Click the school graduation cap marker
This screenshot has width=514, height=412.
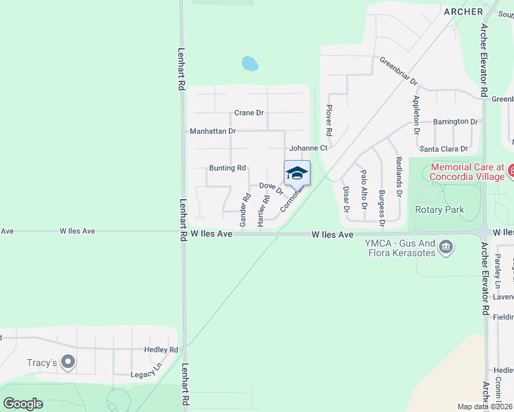[x=297, y=172]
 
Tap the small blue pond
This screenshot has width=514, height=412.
[x=249, y=65]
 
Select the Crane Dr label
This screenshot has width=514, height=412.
[x=249, y=113]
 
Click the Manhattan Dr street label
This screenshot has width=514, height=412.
[x=212, y=130]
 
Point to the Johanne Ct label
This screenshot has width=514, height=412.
[x=309, y=148]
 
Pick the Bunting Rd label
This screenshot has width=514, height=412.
[x=227, y=168]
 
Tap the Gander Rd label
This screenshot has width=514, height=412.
[x=244, y=210]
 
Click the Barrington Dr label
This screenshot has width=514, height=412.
[x=455, y=122]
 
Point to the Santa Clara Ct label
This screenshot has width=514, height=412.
[x=443, y=149]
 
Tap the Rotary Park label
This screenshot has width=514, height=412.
[x=440, y=209]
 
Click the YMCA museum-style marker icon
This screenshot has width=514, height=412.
[x=447, y=246]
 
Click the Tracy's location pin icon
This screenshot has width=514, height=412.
[x=67, y=361]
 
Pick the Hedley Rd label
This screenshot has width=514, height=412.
[x=161, y=350]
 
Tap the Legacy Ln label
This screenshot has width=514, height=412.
[x=146, y=374]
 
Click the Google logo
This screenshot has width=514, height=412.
[x=23, y=404]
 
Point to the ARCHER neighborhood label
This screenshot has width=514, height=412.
[x=464, y=12]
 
